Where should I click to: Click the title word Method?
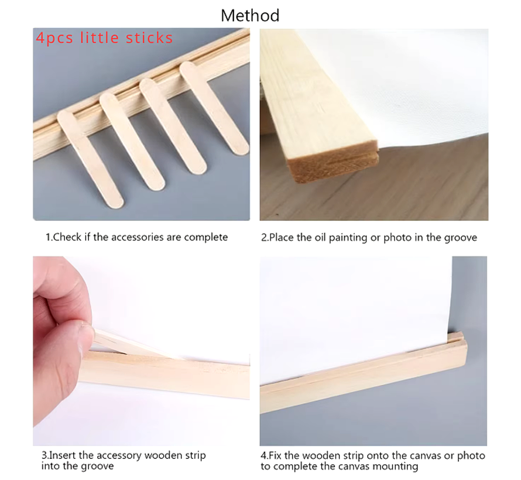point(250,15)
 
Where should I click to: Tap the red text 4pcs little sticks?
point(104,39)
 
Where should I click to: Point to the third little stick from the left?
point(173,126)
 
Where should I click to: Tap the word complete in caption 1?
point(206,238)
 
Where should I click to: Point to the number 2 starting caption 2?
point(263,238)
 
